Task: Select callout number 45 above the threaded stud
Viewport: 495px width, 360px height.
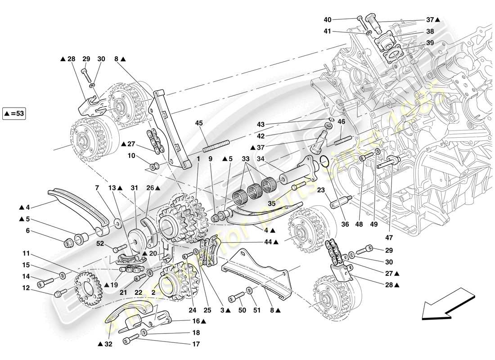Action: coord(199,123)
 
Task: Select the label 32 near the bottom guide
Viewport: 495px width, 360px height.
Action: coord(105,345)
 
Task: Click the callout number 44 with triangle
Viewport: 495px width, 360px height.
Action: coord(270,242)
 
